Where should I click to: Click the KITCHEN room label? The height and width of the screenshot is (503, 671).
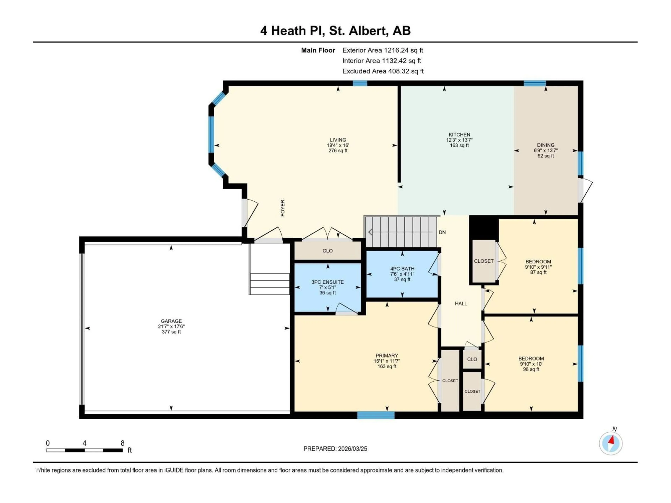pyautogui.click(x=459, y=135)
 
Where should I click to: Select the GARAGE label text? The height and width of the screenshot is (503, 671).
pyautogui.click(x=171, y=321)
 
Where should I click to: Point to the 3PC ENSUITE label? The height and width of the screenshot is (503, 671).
pyautogui.click(x=328, y=282)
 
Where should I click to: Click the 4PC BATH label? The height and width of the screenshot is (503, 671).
pyautogui.click(x=402, y=269)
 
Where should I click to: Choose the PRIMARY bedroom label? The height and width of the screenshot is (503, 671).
pyautogui.click(x=387, y=356)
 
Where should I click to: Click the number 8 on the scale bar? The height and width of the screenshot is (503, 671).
pyautogui.click(x=122, y=443)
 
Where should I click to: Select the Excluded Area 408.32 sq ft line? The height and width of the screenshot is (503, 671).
pyautogui.click(x=383, y=71)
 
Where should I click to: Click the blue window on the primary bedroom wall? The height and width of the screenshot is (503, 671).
pyautogui.click(x=376, y=415)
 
